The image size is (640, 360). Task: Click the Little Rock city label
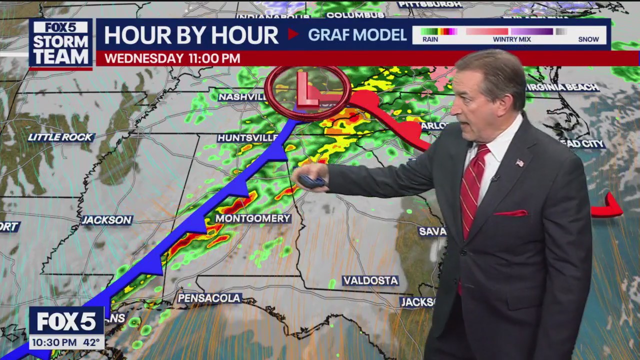(60, 137)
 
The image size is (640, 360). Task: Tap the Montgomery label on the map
(253, 218)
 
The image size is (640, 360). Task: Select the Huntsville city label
(247, 137)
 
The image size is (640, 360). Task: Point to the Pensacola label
(209, 298)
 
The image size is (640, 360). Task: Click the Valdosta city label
(370, 280)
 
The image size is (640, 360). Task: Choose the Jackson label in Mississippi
(106, 220)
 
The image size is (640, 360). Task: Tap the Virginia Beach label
(562, 87)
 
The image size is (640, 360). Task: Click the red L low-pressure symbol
(306, 89)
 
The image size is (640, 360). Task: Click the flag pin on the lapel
(519, 162)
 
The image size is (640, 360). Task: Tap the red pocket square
(511, 213)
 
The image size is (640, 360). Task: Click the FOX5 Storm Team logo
(60, 43)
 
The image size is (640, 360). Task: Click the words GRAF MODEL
(357, 35)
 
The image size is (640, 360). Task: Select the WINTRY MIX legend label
(512, 39)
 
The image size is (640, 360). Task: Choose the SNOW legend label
(588, 39)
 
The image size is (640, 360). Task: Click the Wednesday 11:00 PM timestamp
(172, 58)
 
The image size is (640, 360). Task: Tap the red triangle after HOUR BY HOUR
(293, 34)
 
